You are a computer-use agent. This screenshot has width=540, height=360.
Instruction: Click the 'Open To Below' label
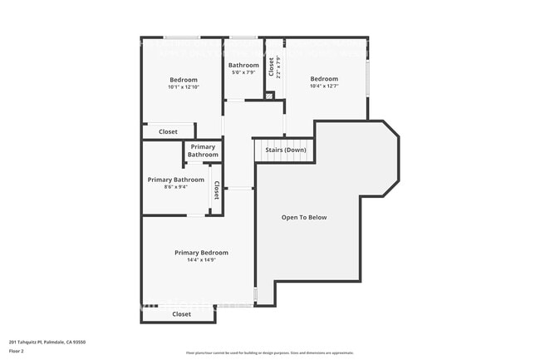304,218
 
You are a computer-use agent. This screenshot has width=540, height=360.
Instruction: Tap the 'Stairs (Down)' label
285,150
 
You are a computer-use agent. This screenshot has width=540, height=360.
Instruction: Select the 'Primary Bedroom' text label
201,253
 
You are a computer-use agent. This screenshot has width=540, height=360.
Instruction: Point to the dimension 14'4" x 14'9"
201,260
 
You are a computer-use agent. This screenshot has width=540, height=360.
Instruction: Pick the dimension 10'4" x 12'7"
324,86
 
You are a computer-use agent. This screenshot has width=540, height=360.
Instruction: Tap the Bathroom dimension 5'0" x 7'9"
243,73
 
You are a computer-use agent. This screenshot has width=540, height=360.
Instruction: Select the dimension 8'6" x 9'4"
175,187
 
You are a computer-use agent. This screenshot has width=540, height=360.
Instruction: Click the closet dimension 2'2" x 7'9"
279,67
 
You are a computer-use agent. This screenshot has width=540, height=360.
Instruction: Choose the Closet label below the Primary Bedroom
181,314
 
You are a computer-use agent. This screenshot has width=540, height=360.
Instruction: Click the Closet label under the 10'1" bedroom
168,131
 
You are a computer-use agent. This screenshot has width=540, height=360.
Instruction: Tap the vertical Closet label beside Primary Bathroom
216,190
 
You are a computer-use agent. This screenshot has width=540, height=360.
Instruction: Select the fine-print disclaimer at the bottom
269,354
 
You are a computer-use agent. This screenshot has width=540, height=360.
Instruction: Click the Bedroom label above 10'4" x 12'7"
324,79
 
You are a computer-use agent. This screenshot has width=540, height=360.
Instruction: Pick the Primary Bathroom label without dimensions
203,150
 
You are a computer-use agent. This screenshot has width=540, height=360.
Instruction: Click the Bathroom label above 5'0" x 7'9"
243,65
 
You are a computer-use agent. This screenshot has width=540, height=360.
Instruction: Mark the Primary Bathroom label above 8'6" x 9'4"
175,180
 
